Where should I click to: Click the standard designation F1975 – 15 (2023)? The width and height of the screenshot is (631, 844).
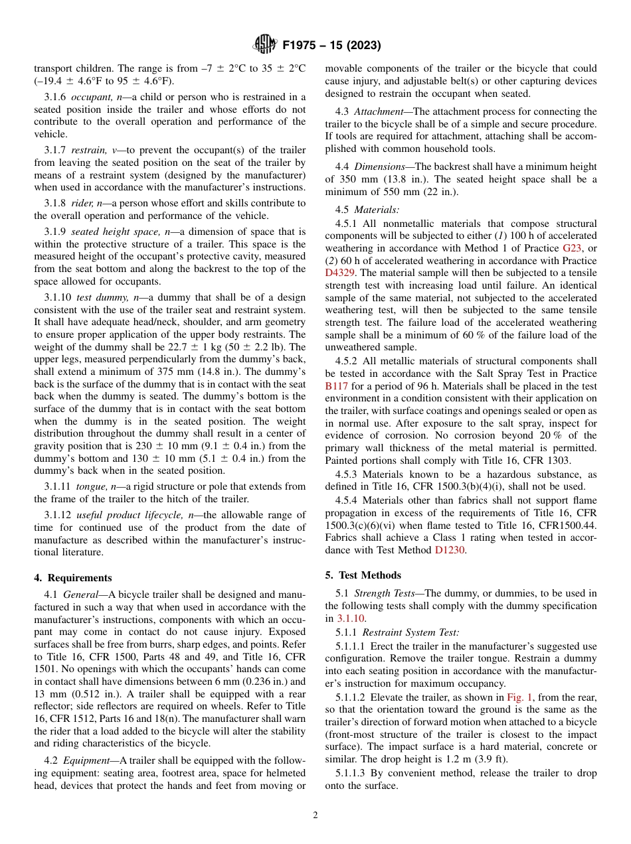pos(331,46)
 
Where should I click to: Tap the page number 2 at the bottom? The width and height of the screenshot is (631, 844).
pos(315,815)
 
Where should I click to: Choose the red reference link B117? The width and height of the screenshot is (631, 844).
pos(336,386)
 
